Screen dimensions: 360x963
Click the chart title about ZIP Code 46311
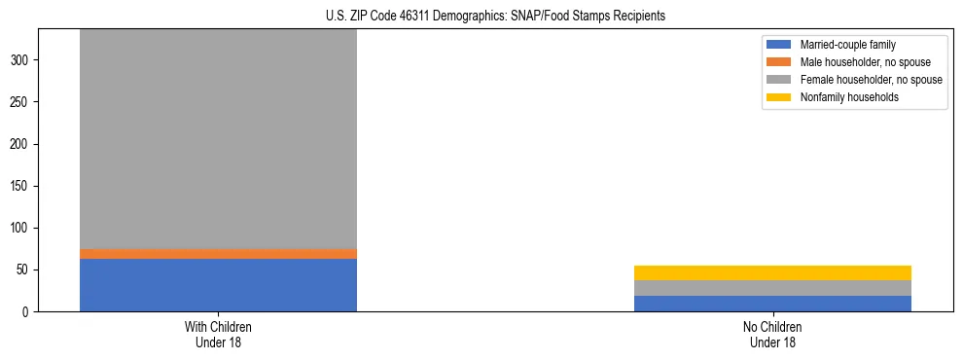click(x=482, y=17)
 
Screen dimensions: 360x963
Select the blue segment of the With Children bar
click(x=218, y=285)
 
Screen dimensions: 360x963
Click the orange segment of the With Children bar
click(x=218, y=254)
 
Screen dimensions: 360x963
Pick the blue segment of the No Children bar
click(x=772, y=304)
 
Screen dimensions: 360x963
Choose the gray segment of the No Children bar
click(x=772, y=288)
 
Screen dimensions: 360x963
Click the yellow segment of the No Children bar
click(x=772, y=272)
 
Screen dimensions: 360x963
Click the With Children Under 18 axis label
click(x=218, y=335)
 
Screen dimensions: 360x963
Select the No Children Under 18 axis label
click(x=772, y=335)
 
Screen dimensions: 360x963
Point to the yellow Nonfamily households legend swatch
click(x=780, y=97)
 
